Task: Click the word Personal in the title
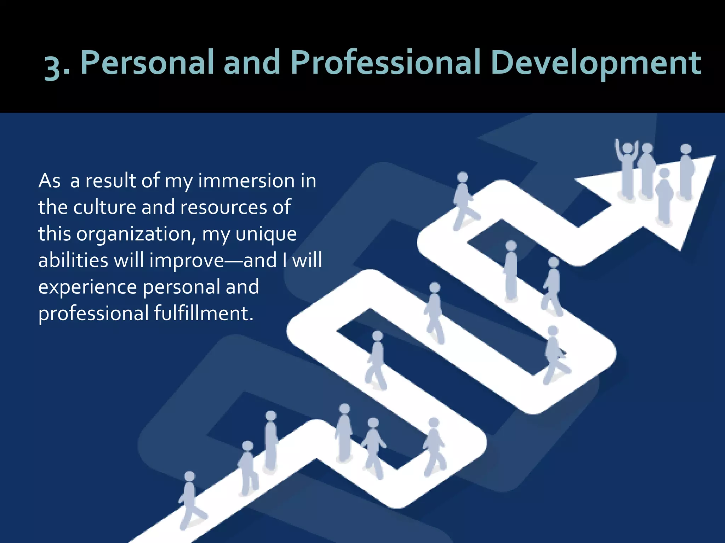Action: coord(147,63)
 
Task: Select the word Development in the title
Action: coord(595,63)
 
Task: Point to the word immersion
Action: coord(246,181)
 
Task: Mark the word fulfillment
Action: coord(203,313)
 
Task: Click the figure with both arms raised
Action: coord(627,170)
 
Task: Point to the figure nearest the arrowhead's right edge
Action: coord(686,171)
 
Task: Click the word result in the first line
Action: coord(110,181)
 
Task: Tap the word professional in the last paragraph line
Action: coord(93,314)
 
